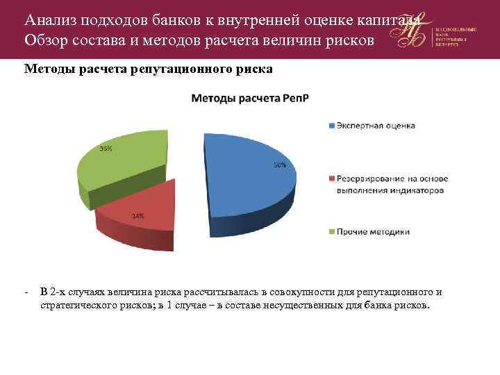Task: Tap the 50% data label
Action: [279, 165]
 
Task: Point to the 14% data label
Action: [138, 215]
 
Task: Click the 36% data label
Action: [106, 149]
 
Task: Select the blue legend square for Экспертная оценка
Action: [331, 126]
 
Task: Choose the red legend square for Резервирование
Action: [331, 178]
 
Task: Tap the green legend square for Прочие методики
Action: [331, 231]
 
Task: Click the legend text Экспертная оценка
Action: [376, 126]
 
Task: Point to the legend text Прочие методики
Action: [373, 231]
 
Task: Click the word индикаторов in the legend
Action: [417, 189]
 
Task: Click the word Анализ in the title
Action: [47, 19]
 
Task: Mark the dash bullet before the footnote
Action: [25, 292]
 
